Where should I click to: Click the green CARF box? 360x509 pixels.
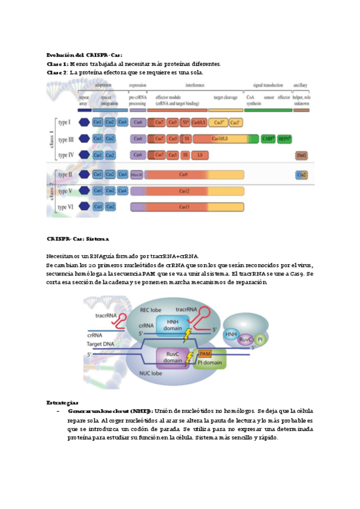point(268,139)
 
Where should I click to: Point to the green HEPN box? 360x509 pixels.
point(284,139)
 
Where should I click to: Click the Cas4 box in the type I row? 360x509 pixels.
point(122,122)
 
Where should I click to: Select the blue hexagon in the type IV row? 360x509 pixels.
point(84,155)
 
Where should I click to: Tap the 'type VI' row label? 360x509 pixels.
point(65,207)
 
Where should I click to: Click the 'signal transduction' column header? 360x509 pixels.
point(268,86)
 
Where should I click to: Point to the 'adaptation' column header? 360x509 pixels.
point(103,86)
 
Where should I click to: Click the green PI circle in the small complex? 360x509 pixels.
point(259,340)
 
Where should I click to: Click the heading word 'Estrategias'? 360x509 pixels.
point(63,402)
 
